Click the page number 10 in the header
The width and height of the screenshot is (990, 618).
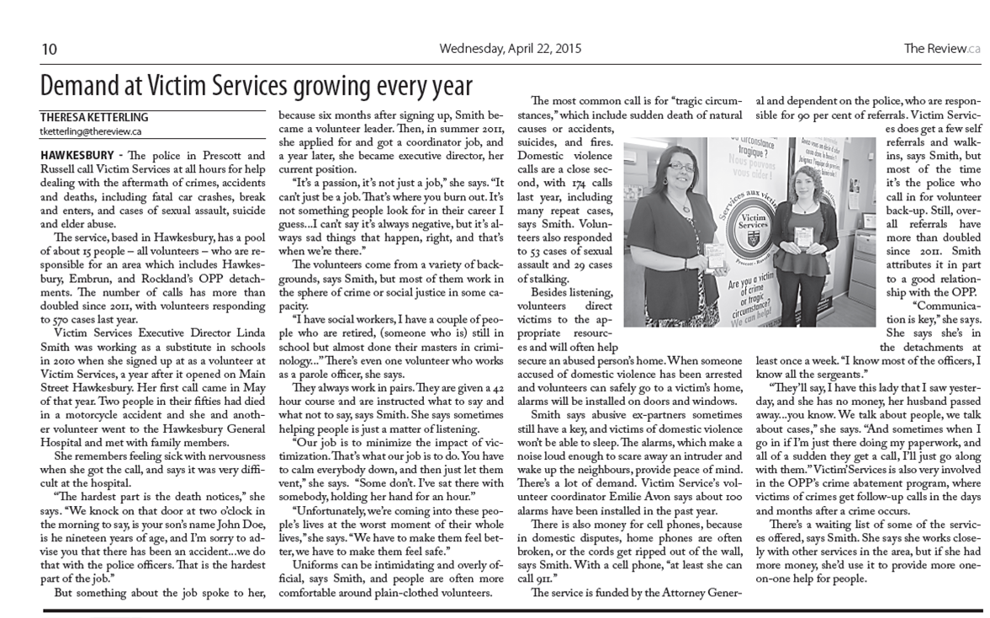(50, 49)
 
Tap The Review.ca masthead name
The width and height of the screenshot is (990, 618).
(941, 49)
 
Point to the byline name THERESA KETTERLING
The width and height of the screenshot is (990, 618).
(93, 118)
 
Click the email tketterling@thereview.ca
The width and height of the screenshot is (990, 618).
(91, 131)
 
